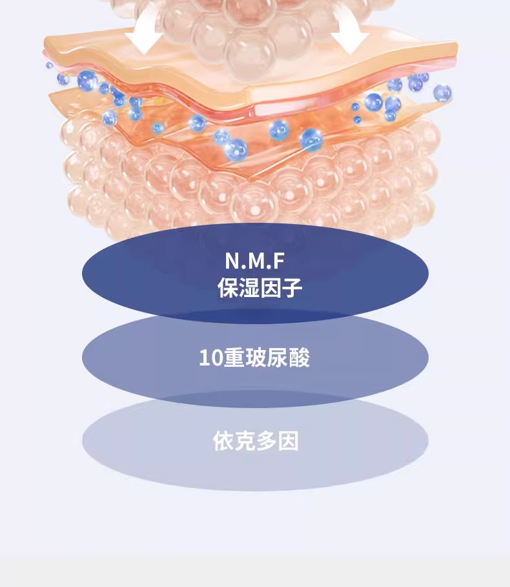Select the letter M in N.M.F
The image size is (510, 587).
tap(256, 261)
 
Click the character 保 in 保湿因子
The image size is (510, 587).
tap(228, 287)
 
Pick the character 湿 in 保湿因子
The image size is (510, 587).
tap(249, 287)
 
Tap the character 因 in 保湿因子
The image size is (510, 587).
tap(270, 287)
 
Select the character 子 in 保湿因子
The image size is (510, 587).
tap(292, 287)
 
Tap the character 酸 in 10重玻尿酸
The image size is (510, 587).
tap(300, 358)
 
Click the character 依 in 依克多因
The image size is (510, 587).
tap(224, 440)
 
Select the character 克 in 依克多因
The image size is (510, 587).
tap(245, 440)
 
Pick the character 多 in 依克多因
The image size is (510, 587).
tap(267, 440)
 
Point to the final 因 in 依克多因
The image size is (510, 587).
tap(288, 440)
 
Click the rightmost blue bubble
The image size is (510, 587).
tap(443, 93)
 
